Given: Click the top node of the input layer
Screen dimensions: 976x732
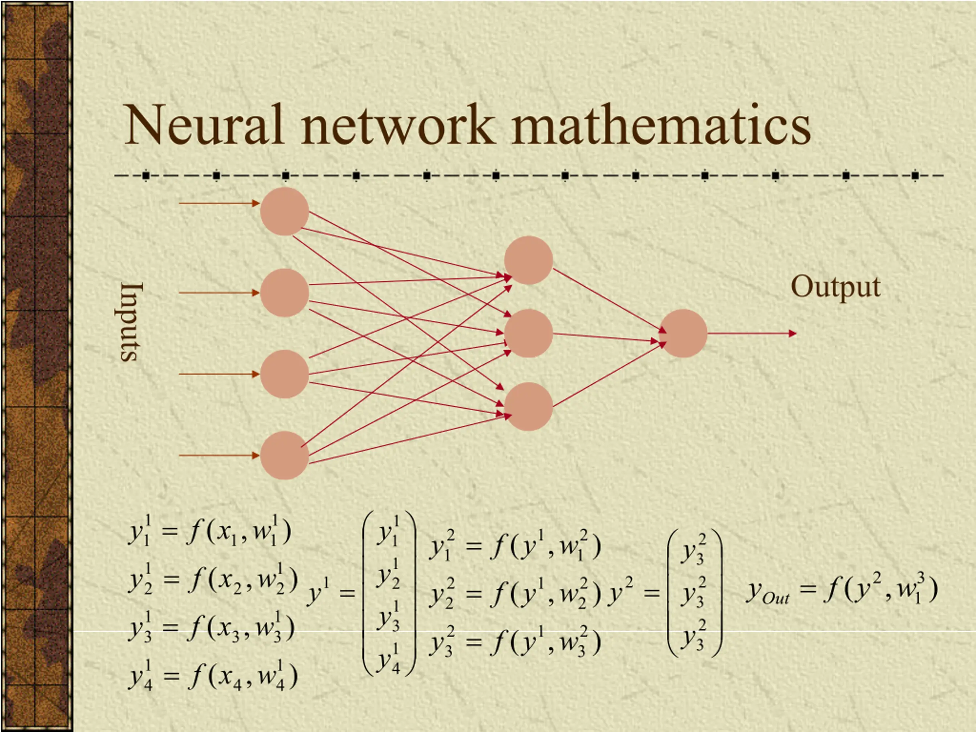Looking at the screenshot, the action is point(284,211).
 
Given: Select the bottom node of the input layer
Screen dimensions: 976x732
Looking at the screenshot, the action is point(284,455).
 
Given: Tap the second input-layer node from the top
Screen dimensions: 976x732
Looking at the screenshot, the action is point(284,293).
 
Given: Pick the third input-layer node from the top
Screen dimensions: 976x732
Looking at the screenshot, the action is point(284,374).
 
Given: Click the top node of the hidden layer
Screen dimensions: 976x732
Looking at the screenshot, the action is point(528,260).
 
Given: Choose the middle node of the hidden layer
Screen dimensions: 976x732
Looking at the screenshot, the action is point(528,334).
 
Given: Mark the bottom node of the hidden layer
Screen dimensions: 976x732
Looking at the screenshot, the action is point(528,407).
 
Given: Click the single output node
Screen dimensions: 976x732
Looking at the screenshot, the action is point(683,334).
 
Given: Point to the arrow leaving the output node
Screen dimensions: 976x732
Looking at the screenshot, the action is point(751,334).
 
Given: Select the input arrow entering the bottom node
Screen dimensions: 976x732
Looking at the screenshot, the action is point(219,455).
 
